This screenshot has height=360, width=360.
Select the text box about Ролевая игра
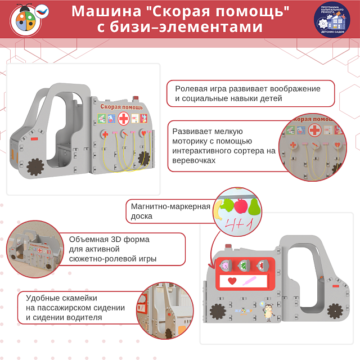point(250,93)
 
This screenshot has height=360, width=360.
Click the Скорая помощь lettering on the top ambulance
point(121,106)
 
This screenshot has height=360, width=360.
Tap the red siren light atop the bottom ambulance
point(228,246)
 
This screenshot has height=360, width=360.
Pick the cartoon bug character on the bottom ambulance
point(269,310)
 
